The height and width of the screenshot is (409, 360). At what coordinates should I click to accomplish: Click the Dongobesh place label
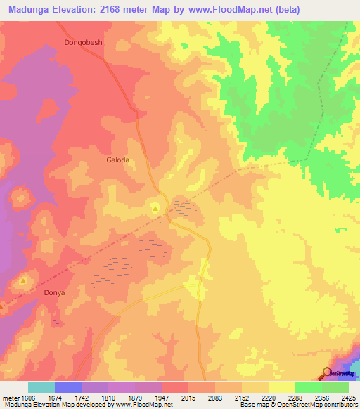click(x=84, y=42)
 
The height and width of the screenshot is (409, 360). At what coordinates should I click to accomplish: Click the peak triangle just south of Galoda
click(x=155, y=207)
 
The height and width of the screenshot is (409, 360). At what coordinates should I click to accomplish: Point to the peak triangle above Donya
click(x=23, y=280)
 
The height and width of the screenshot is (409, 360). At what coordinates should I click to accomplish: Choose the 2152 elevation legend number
click(x=243, y=398)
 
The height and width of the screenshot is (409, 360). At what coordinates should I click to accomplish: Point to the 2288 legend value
click(x=297, y=398)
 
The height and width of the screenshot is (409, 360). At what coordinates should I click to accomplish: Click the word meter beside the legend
click(x=10, y=398)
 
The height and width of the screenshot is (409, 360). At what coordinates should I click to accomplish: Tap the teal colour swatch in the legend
click(x=41, y=387)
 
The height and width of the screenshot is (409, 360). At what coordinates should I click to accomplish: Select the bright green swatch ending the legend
click(x=335, y=387)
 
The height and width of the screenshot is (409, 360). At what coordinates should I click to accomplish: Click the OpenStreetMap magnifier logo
click(x=327, y=374)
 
